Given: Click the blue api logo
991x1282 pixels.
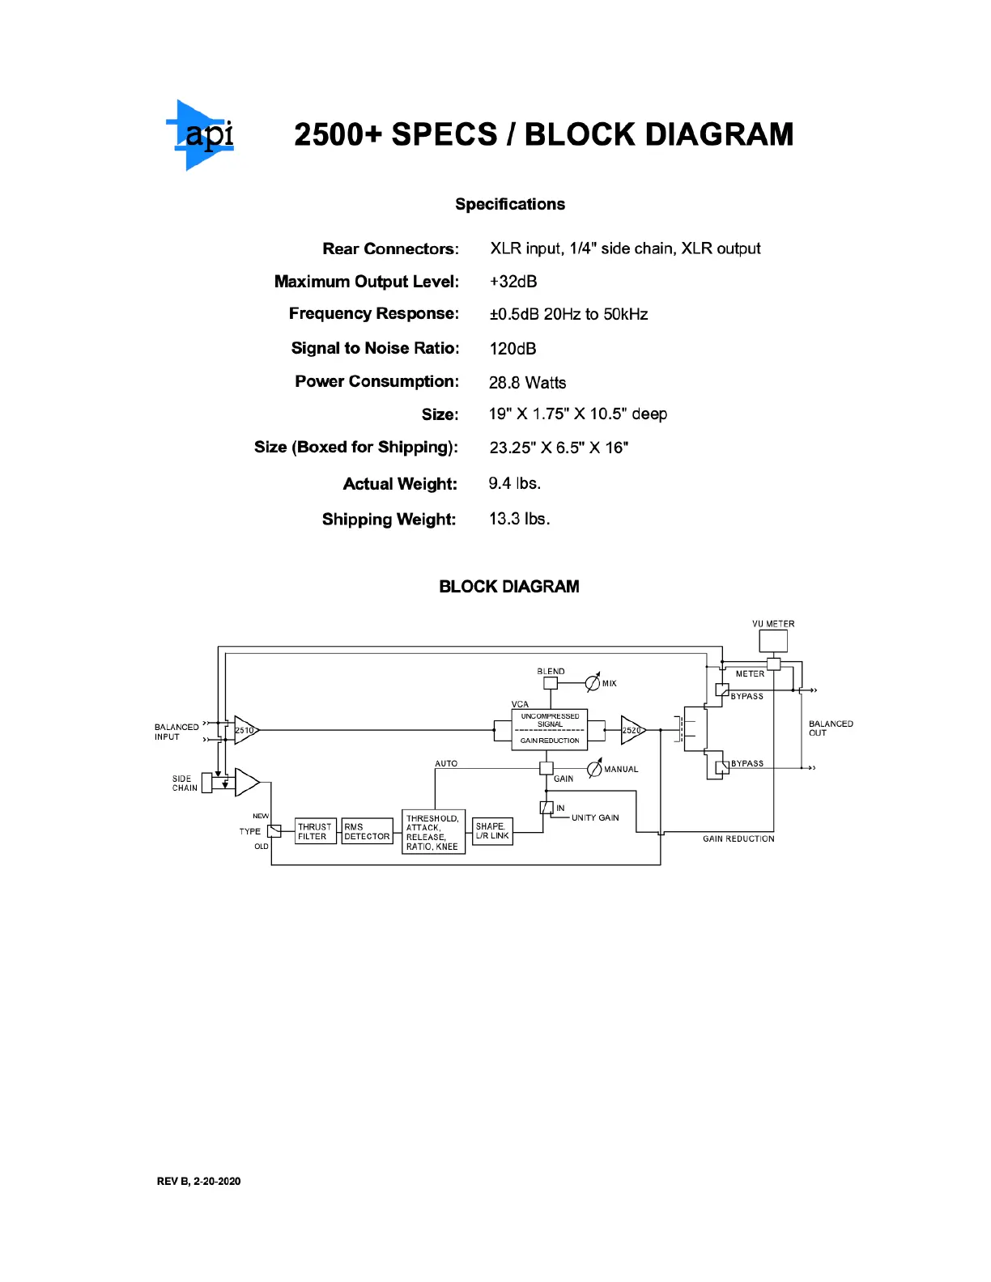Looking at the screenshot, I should pyautogui.click(x=202, y=135).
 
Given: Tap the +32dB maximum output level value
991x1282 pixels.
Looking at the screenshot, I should pyautogui.click(x=513, y=282).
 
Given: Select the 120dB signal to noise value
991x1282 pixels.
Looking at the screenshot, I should pyautogui.click(x=513, y=349).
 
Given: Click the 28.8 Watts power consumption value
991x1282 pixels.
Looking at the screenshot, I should pyautogui.click(x=527, y=383).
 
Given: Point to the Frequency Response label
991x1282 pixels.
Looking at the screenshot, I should pyautogui.click(x=373, y=314).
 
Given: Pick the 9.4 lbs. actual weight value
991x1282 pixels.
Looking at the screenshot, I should pyautogui.click(x=514, y=484).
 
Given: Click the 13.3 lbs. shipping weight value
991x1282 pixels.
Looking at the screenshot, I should pyautogui.click(x=519, y=519).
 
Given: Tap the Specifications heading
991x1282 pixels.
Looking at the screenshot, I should pyautogui.click(x=510, y=204).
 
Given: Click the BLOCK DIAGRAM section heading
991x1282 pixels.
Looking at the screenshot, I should pyautogui.click(x=508, y=587).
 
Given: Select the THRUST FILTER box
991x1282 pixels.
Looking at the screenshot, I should pyautogui.click(x=315, y=832).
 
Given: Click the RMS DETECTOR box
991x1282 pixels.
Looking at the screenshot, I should pyautogui.click(x=367, y=832).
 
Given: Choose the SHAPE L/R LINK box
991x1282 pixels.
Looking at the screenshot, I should pyautogui.click(x=492, y=832).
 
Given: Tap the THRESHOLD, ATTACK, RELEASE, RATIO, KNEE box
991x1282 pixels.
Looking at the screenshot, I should pyautogui.click(x=433, y=832).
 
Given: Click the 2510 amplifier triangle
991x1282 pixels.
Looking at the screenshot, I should pyautogui.click(x=245, y=730).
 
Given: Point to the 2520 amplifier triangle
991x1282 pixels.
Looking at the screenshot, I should pyautogui.click(x=632, y=730).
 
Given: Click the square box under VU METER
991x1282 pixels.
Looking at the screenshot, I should pyautogui.click(x=773, y=641).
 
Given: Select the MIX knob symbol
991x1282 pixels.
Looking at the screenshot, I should pyautogui.click(x=593, y=683).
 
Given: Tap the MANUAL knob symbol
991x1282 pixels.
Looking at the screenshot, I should pyautogui.click(x=594, y=768).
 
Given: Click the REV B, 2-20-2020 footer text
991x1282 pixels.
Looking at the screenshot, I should pyautogui.click(x=198, y=1182).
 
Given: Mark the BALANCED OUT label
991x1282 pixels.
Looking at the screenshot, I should pyautogui.click(x=831, y=728).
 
